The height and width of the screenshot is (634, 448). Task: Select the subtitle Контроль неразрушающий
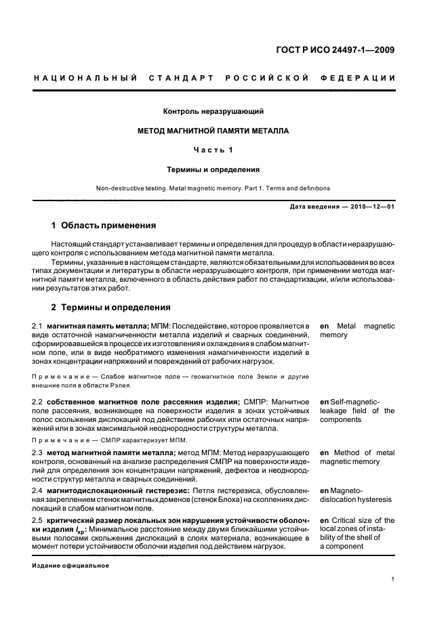tap(213, 110)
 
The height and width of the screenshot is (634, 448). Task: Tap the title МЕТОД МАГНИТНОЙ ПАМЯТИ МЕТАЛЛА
tap(213, 130)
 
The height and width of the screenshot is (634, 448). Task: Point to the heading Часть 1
tap(213, 150)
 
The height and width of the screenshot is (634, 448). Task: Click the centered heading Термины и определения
tap(213, 169)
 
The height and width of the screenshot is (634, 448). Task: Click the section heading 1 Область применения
tap(104, 226)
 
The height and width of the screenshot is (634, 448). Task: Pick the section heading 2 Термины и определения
tap(111, 307)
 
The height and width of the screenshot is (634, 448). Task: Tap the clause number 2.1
tap(38, 326)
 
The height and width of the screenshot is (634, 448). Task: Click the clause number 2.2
tap(38, 402)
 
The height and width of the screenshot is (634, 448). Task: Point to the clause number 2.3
tap(38, 452)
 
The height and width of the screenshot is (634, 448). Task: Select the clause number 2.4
tap(38, 490)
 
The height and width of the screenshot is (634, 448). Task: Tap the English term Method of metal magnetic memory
tap(357, 457)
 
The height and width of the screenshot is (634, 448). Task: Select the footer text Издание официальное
tap(70, 565)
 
